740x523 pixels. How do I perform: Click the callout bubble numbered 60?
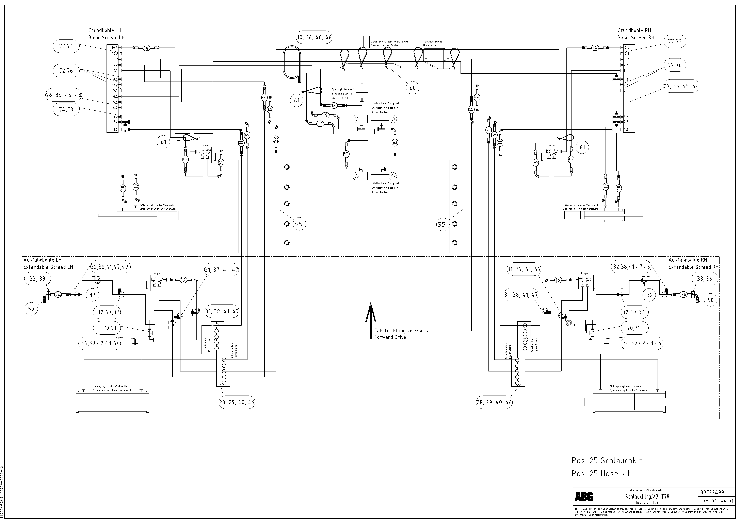click(413, 88)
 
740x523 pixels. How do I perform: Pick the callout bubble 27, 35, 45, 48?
click(681, 86)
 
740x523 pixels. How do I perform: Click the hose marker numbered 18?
click(333, 105)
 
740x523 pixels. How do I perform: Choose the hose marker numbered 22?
click(221, 163)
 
